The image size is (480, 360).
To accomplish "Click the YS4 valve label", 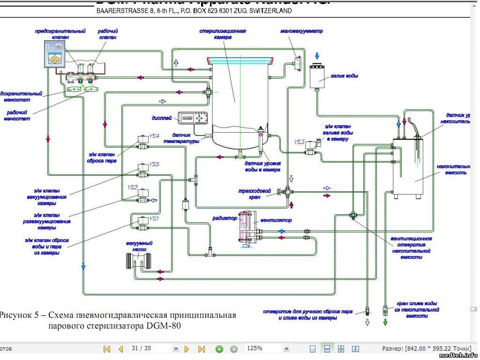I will point(154,136).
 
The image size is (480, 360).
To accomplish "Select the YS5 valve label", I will point(154,164).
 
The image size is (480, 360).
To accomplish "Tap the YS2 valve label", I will point(132,187).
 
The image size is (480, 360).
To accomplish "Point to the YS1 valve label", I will point(154,218).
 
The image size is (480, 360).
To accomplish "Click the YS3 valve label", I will point(300,142).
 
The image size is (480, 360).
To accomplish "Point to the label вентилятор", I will point(277,220).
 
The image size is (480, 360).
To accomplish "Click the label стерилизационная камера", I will point(223,34).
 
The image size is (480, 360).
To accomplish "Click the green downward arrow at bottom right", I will point(385,322).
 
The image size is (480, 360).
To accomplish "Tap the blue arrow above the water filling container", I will point(317,57).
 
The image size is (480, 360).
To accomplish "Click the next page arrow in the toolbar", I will point(187,349).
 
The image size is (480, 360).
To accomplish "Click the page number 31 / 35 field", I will point(150,349).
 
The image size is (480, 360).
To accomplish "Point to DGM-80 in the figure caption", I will point(164,325).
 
